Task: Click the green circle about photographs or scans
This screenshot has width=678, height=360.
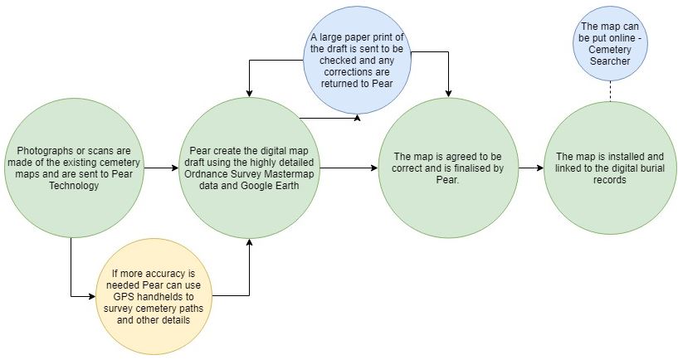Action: pyautogui.click(x=73, y=168)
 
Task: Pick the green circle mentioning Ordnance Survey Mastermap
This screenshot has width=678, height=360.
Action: pyautogui.click(x=248, y=169)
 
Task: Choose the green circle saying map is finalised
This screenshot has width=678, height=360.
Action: pyautogui.click(x=448, y=169)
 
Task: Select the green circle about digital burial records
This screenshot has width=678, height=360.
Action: pyautogui.click(x=610, y=168)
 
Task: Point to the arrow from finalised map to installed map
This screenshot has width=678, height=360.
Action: pyautogui.click(x=529, y=168)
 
